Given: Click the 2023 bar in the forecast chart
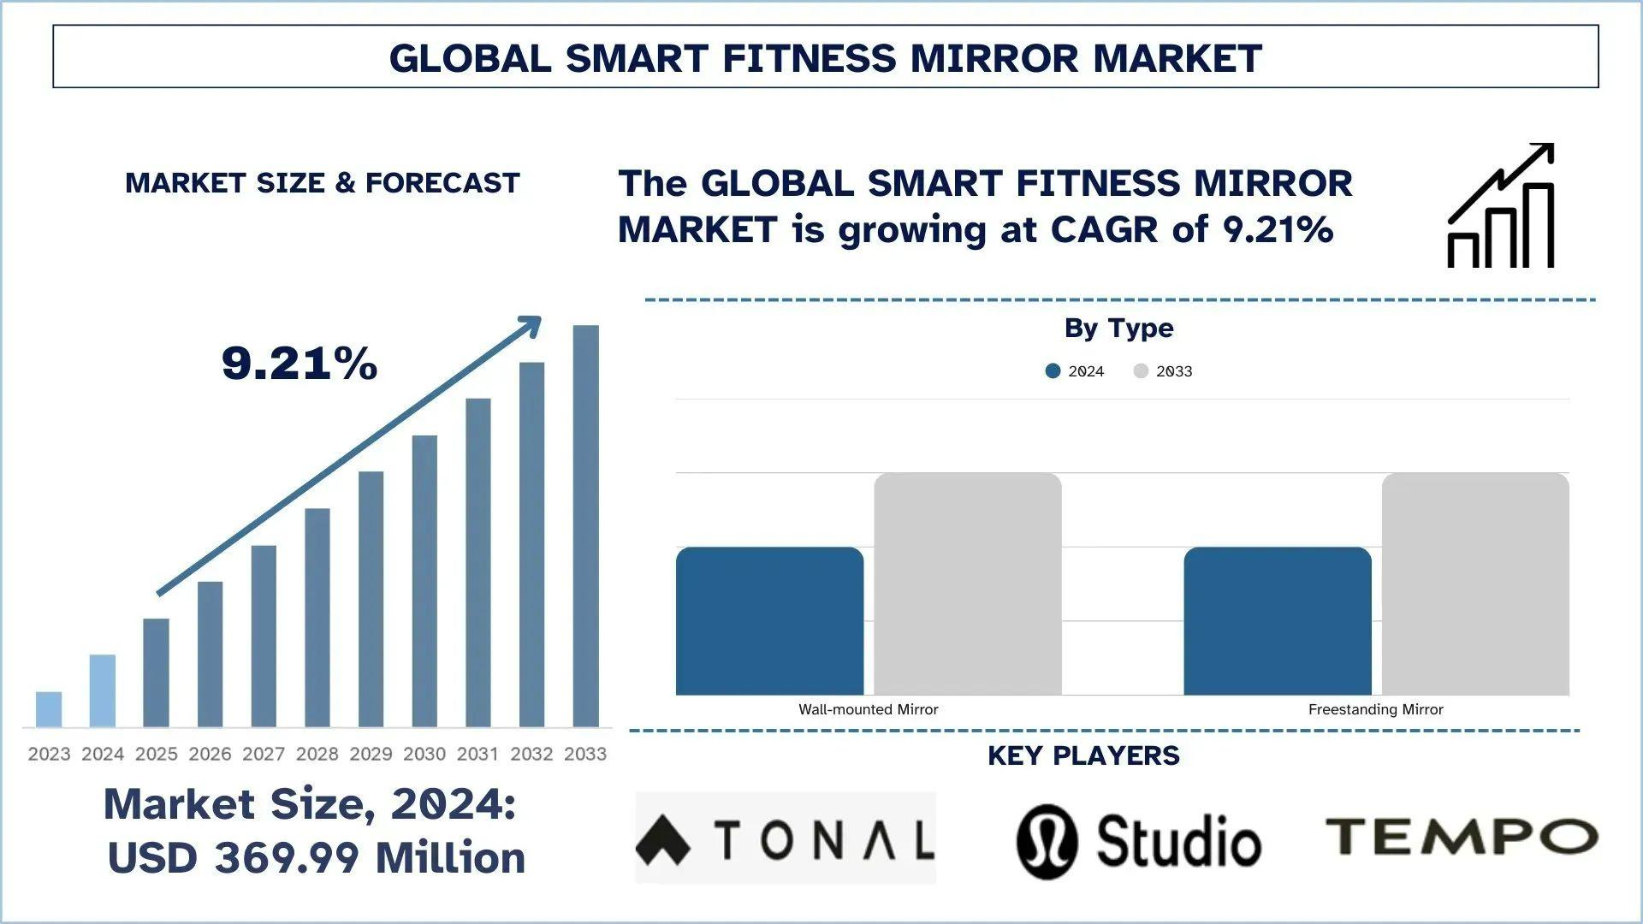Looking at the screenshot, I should [x=49, y=709].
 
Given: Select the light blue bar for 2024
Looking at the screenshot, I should [x=103, y=690].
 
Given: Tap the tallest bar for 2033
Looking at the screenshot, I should [x=586, y=526].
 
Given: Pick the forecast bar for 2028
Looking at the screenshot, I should [x=317, y=618].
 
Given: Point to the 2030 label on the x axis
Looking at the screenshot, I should [x=424, y=754].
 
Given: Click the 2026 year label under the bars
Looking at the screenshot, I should [x=210, y=754].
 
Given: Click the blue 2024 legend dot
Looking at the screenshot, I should [x=1053, y=371].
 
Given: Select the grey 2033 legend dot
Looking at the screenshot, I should [x=1141, y=371].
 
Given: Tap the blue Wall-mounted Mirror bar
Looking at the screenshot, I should [x=769, y=621].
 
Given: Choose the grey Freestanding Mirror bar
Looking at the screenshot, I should [x=1475, y=583].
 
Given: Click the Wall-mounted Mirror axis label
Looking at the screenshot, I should [x=868, y=709].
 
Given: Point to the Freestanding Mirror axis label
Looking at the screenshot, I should [x=1375, y=709].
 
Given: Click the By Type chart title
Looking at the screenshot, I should [x=1118, y=328].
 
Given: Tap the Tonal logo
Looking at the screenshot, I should [x=786, y=838].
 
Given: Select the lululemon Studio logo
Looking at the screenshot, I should [x=1138, y=841].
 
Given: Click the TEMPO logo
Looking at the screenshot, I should [x=1462, y=836].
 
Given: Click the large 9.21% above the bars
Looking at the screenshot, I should [x=300, y=363].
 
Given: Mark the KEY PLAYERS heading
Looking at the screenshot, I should [x=1083, y=755].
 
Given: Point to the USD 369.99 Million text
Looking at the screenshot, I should [x=317, y=858].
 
